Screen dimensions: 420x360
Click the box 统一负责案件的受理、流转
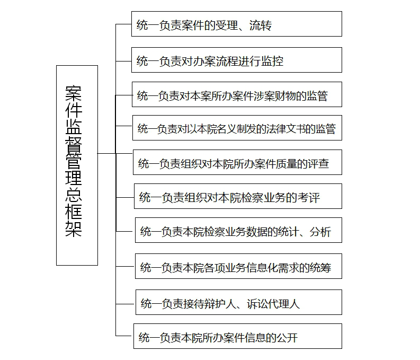pos(237,24)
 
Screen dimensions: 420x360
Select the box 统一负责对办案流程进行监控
pos(237,60)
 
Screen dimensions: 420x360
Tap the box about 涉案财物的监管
pos(237,94)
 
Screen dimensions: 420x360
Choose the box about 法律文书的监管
pos(237,128)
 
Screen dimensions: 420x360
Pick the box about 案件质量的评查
pos(237,162)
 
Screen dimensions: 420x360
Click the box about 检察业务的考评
pos(238,196)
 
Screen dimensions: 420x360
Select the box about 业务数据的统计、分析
pos(238,230)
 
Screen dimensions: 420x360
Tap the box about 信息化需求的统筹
pos(238,266)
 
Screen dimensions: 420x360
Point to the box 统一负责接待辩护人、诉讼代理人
pos(239,302)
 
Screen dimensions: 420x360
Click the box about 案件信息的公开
pos(238,336)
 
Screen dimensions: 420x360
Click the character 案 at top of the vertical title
pos(74,93)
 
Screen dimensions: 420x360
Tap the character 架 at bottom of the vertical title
pos(74,229)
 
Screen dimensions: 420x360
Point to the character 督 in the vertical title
pos(74,144)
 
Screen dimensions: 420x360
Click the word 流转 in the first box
pos(261,25)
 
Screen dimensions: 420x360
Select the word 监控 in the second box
pos(272,61)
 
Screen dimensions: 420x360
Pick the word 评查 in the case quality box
pos(318,163)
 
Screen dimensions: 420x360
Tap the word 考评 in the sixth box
pos(309,198)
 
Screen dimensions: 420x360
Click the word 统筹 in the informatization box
pos(320,268)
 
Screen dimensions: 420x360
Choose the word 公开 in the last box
pos(287,338)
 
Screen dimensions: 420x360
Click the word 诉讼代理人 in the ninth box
pos(273,304)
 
